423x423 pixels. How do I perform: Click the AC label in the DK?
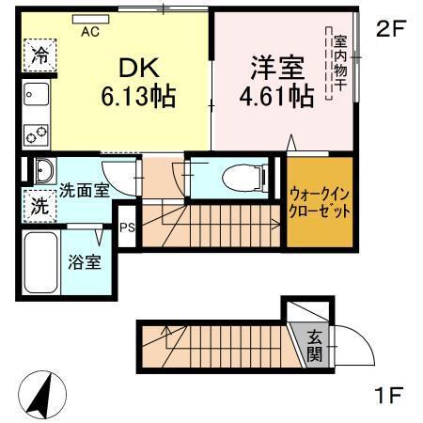tap(90, 30)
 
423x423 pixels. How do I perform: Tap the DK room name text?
tap(139, 68)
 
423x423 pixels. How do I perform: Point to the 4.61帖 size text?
tap(275, 97)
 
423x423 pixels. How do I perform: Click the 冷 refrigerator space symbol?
tap(39, 55)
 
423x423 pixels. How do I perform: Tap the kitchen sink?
tap(37, 95)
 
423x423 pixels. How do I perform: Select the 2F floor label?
tap(389, 29)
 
